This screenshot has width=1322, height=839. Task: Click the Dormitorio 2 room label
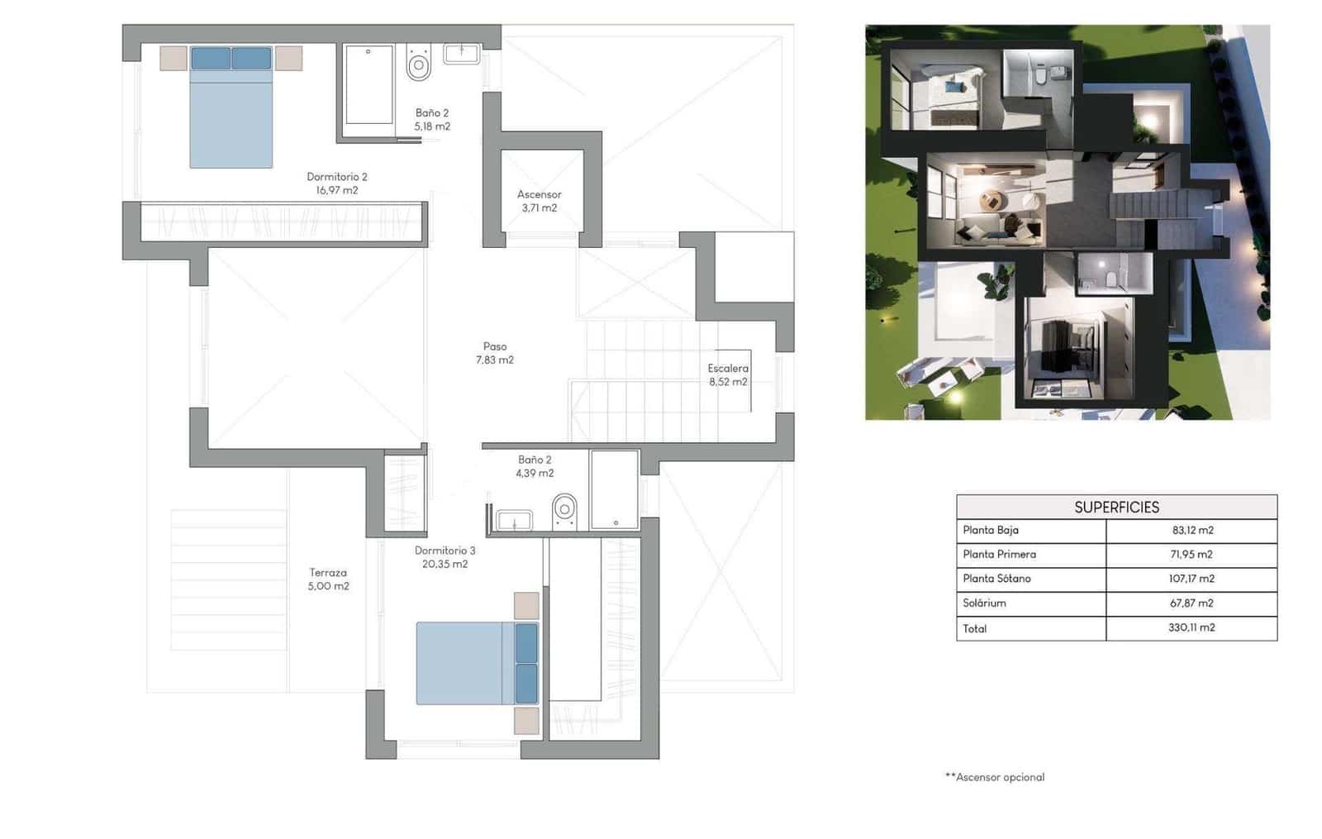[x=336, y=183]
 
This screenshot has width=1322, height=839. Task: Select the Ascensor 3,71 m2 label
[x=539, y=201]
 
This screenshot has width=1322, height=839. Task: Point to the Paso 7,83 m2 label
[x=495, y=353]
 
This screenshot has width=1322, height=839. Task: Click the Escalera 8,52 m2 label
[x=727, y=374]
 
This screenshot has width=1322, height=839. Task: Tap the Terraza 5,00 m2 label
[x=328, y=579]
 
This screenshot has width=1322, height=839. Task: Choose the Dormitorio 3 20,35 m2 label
[x=445, y=557]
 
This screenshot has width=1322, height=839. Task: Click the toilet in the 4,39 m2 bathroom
[x=564, y=509]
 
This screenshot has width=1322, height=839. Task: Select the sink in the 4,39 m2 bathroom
[x=514, y=520]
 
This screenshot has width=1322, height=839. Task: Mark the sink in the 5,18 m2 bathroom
[x=461, y=54]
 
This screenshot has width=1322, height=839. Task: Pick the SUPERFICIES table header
[x=1116, y=507]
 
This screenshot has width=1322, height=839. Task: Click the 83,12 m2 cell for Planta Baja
[x=1191, y=530]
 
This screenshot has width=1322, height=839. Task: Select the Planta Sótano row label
[x=996, y=579]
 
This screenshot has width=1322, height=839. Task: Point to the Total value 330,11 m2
[x=1191, y=627]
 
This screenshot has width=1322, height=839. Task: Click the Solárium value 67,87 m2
[x=1191, y=603]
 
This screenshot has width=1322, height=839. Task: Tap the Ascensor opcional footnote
[x=995, y=777]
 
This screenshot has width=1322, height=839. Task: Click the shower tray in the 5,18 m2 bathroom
[x=369, y=85]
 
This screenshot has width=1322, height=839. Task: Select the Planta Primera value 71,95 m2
[x=1191, y=554]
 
